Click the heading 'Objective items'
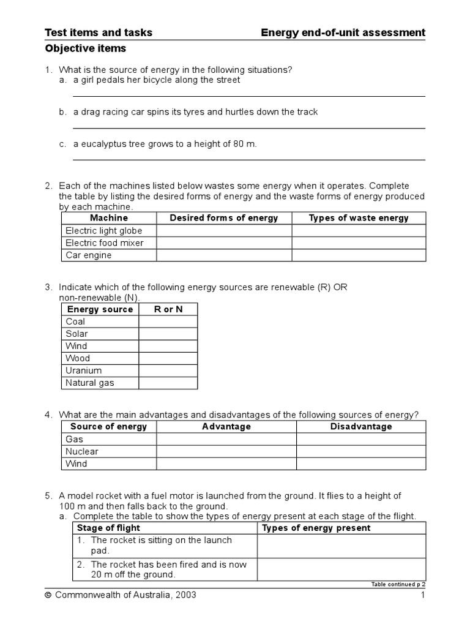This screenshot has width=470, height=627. [x=86, y=48]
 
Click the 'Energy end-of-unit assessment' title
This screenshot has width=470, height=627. [x=343, y=32]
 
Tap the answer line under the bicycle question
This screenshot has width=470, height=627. [x=248, y=96]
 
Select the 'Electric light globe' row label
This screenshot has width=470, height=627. [x=103, y=231]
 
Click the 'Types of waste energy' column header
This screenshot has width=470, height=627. [x=359, y=218]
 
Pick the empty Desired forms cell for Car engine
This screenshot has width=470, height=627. [x=224, y=255]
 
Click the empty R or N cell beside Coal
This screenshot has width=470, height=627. [x=168, y=321]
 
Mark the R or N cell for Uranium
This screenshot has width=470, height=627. [x=168, y=370]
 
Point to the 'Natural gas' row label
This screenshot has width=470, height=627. [x=90, y=383]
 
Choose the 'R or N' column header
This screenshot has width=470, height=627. [x=168, y=309]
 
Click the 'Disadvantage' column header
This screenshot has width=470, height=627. [x=361, y=427]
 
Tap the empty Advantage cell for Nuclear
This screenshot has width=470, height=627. [x=226, y=451]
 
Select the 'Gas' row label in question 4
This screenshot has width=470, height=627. [x=75, y=439]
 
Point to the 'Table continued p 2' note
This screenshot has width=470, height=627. [x=398, y=584]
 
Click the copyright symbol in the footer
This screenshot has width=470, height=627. [x=48, y=595]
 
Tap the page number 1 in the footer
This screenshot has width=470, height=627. [x=422, y=595]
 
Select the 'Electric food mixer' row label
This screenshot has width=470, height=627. [x=105, y=243]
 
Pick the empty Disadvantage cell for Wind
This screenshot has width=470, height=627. [x=361, y=464]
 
